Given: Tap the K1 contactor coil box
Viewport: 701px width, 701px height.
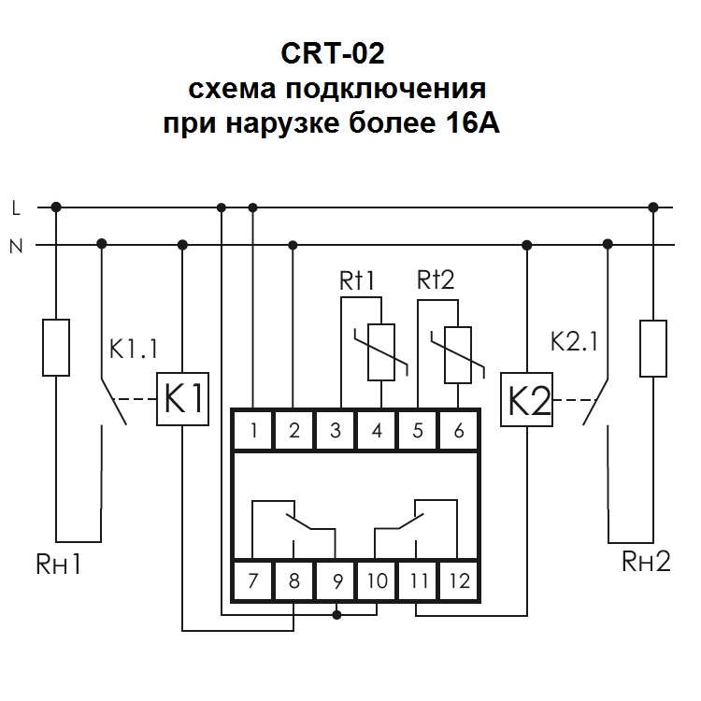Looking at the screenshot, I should point(182,400).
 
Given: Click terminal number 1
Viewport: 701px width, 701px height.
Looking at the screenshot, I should point(253,431).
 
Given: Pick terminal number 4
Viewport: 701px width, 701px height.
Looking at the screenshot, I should point(377,431).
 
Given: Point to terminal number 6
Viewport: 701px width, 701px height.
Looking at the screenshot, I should point(459,431).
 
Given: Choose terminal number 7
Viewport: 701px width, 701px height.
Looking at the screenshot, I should point(253,580).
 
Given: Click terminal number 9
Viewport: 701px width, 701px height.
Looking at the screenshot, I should point(336,580).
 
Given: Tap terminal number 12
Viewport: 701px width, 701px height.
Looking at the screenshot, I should point(459,580).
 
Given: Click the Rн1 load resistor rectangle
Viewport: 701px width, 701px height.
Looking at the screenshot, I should point(56,347).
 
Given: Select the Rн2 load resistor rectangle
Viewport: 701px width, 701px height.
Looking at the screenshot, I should point(652,347).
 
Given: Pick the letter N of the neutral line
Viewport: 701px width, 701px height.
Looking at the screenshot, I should point(16,246).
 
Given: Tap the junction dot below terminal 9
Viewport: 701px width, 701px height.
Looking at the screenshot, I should point(336,614).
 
